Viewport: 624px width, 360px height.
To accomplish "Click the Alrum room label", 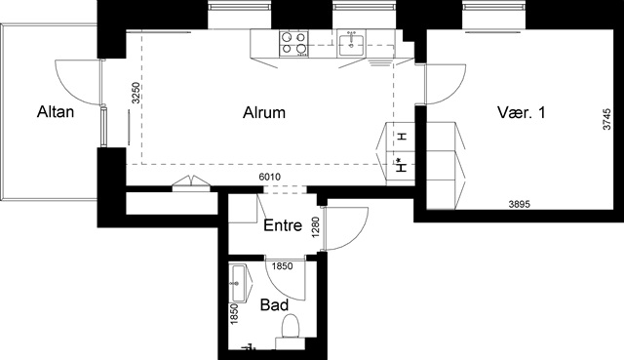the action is (264, 113).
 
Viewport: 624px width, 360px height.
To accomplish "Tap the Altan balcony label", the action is (56, 112).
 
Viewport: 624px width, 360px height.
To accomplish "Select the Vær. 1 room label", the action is (521, 112).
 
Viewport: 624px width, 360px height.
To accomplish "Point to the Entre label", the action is (283, 225).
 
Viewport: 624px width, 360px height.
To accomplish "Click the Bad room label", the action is (274, 305).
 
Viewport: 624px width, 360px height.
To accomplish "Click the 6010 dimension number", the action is (270, 177).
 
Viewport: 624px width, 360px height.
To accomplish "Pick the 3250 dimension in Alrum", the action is (136, 93).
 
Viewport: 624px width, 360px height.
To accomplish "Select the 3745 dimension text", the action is (606, 119).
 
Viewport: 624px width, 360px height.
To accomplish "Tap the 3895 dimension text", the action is (520, 204).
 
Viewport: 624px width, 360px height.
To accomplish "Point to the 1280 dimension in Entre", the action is (316, 227).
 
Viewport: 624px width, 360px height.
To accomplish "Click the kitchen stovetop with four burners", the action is (294, 43).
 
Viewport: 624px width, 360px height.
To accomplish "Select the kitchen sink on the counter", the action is (351, 43).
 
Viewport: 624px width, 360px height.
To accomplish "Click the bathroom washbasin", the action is (241, 283).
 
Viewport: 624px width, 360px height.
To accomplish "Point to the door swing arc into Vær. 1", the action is (454, 91).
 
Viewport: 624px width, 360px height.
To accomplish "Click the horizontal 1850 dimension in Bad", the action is (282, 266).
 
